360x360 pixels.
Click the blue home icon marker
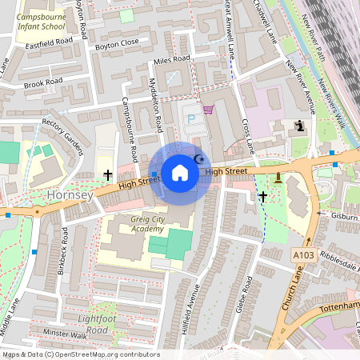click(180, 172)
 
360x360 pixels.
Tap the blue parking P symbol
click(190, 118)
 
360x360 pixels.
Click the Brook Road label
click(43, 82)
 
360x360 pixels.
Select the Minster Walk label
click(66, 332)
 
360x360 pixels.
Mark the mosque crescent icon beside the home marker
click(200, 159)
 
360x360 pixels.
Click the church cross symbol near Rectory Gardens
click(107, 174)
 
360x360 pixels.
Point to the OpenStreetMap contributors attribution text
click(80, 354)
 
